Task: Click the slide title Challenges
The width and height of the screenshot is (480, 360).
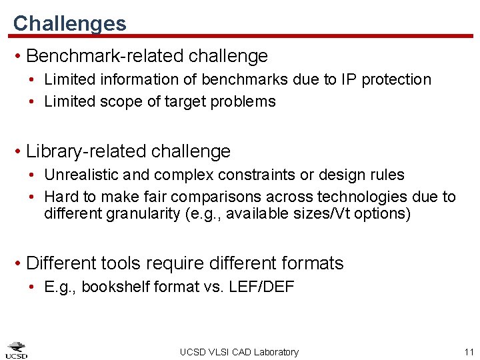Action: tap(69, 23)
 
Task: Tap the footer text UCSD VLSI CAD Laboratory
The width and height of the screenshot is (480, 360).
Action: tap(239, 352)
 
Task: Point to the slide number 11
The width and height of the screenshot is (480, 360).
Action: tap(468, 352)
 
